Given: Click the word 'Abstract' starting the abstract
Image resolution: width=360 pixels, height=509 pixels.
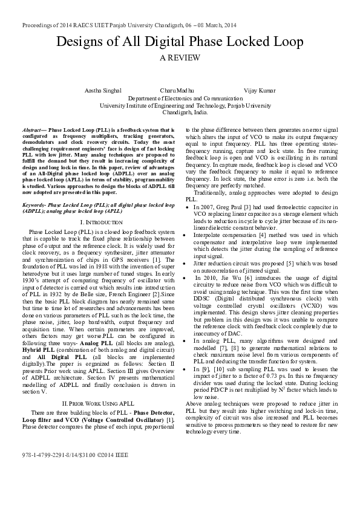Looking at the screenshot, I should coord(31,130).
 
